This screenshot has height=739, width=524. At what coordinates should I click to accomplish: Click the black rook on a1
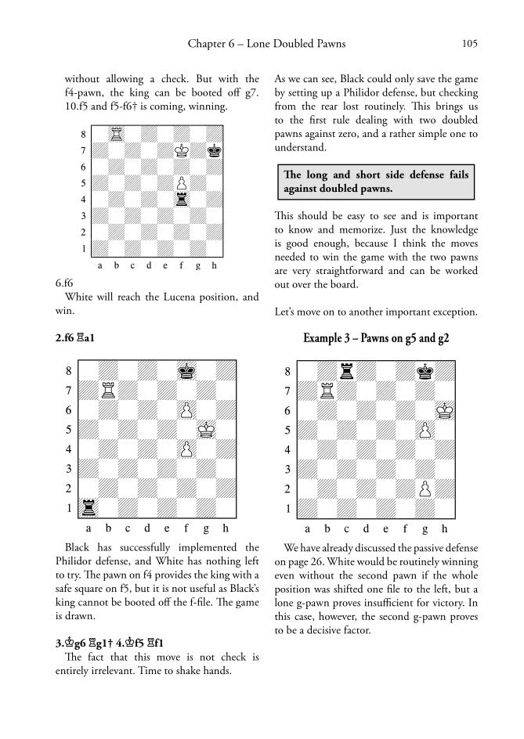click(88, 507)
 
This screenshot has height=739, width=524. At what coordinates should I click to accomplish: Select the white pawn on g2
click(425, 488)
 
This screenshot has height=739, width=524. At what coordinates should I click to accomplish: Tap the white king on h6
click(444, 409)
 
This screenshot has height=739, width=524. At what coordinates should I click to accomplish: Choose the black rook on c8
click(346, 370)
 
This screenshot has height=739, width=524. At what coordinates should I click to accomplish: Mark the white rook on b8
click(115, 134)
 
